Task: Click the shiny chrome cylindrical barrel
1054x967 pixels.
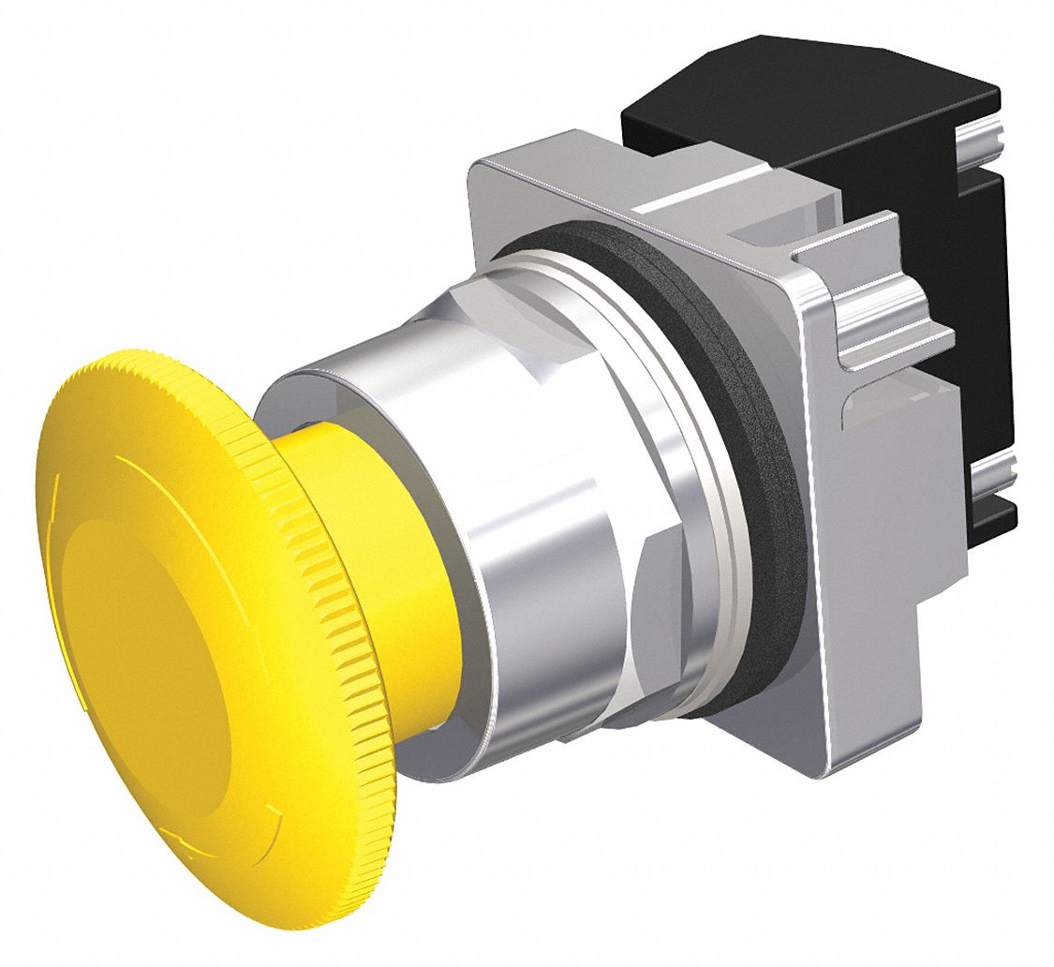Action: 525,525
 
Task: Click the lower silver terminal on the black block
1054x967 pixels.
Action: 993,469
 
